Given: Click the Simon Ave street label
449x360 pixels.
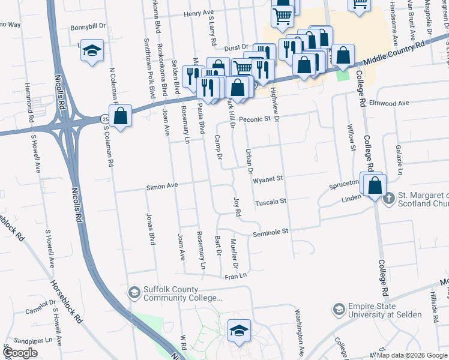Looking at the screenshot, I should coord(162,187).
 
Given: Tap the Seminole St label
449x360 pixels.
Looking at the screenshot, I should coord(271,230).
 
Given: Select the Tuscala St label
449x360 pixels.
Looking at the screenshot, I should coord(271,203).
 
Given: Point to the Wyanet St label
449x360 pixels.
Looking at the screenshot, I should coord(267,179).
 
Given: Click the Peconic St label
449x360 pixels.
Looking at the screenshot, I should coord(255,119).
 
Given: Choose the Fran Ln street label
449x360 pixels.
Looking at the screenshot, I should coord(236,276).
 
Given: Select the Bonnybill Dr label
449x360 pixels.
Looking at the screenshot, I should coord(88,27).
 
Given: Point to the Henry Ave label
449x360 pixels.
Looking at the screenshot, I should coord(199,13).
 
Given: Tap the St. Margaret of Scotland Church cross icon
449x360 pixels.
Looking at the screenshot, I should coord(389,197).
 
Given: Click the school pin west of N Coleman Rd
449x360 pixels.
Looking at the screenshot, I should coord(92,50).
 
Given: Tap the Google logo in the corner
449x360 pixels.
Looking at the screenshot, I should coord(20,353).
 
